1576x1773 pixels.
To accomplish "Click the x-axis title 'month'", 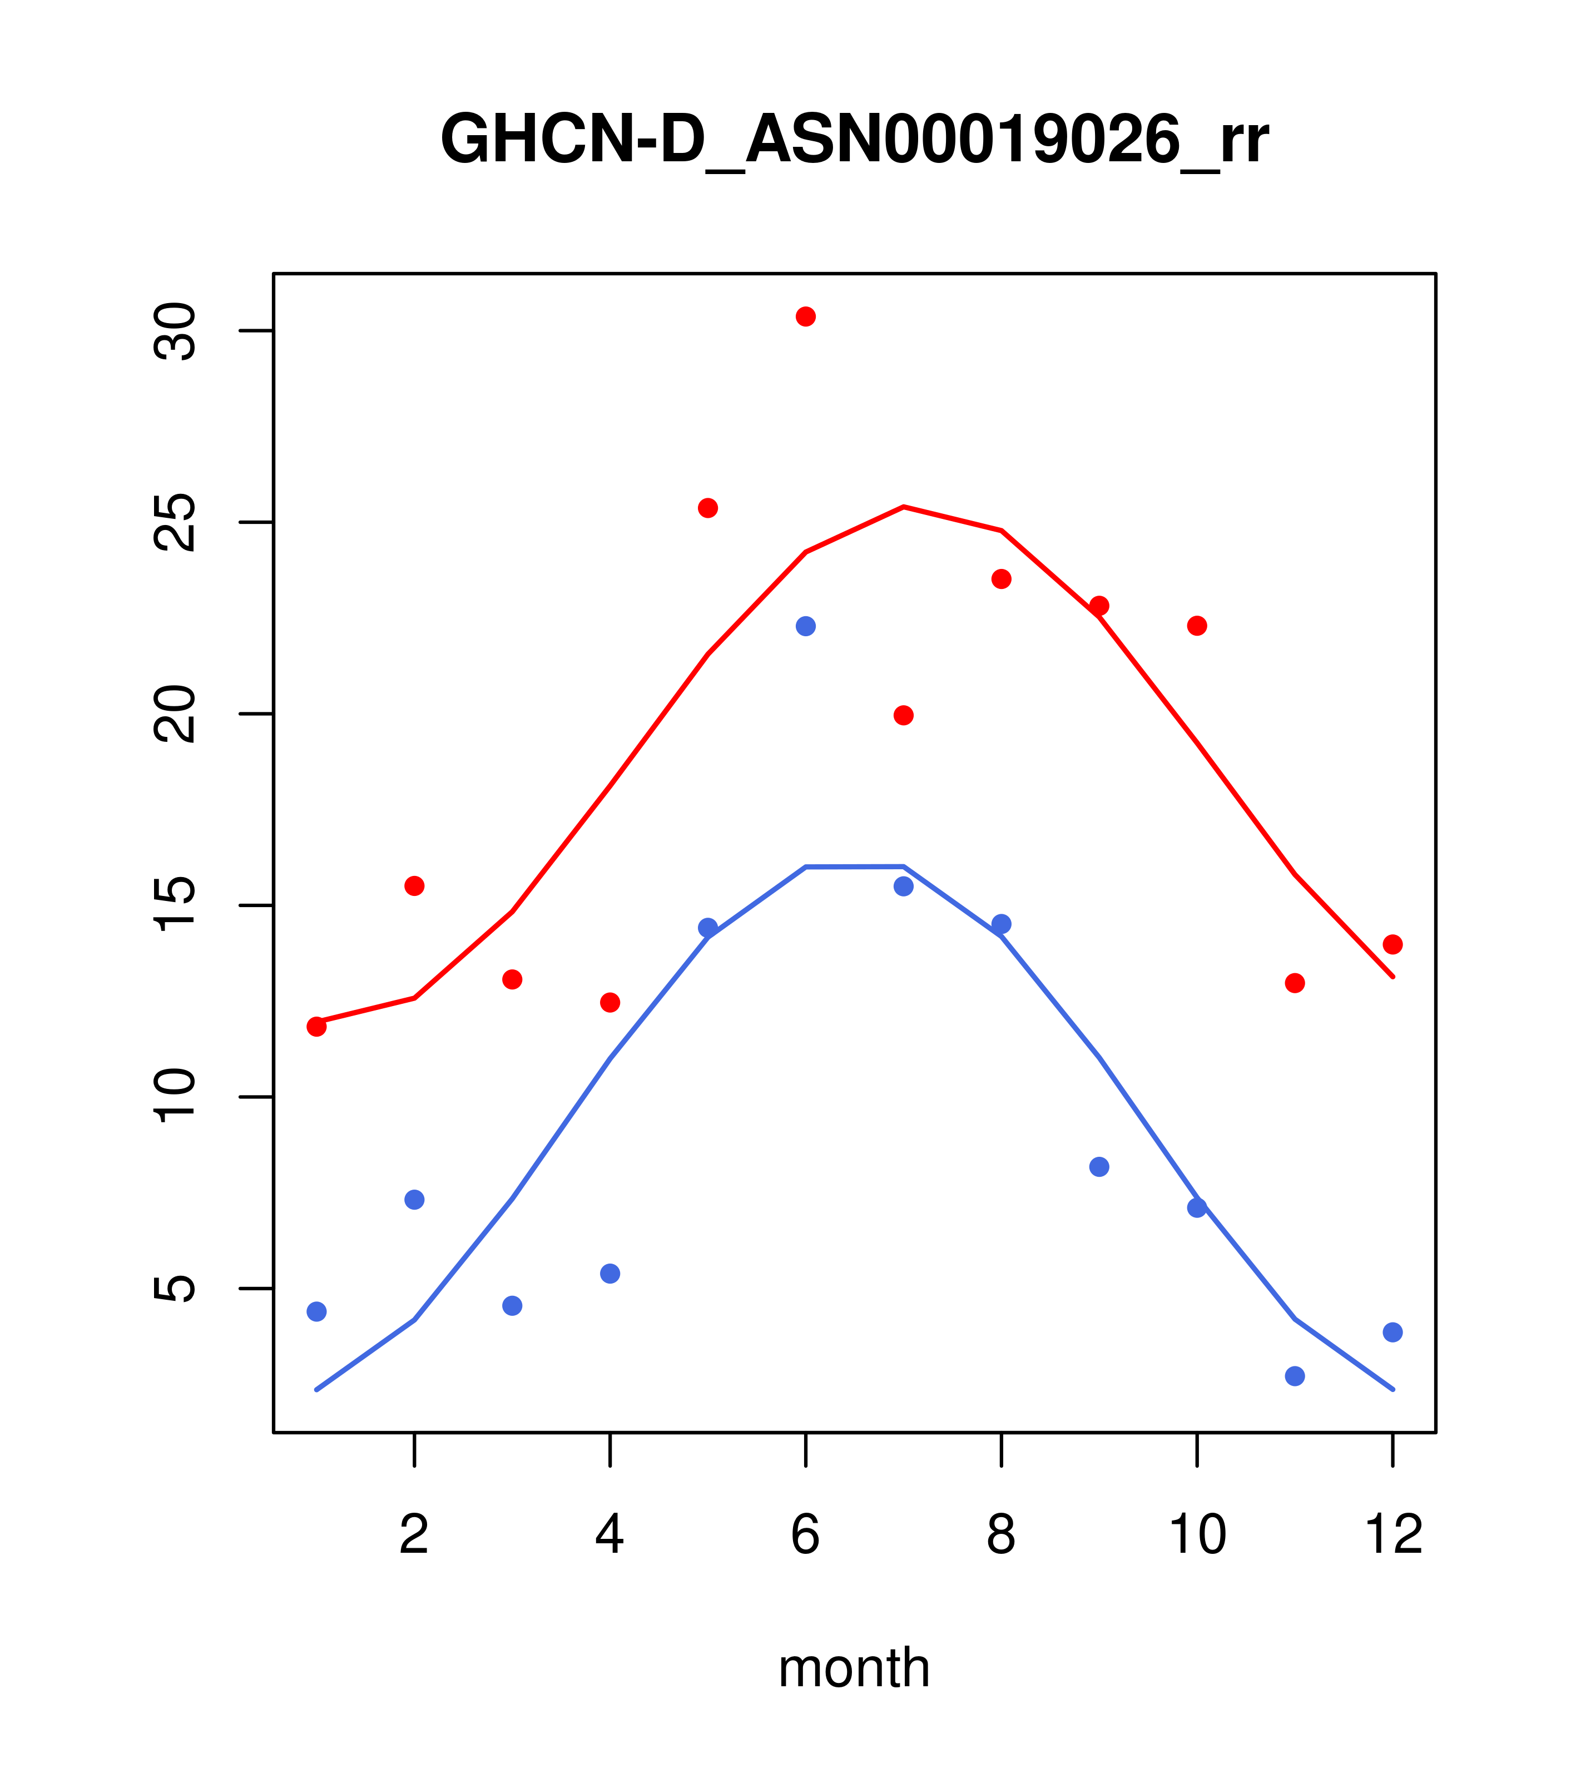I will (x=854, y=1668).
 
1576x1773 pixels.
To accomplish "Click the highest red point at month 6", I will (x=806, y=316).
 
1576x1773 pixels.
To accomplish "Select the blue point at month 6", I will (x=806, y=626).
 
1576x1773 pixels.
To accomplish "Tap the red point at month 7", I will (x=904, y=716).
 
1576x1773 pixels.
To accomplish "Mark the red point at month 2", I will (x=415, y=885).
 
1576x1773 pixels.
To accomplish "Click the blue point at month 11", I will (x=1295, y=1376).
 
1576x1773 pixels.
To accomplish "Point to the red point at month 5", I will (x=708, y=508).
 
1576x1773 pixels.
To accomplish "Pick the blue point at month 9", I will (x=1099, y=1167).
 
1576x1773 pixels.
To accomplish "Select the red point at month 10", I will (x=1197, y=626).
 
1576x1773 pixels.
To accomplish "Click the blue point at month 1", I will (x=316, y=1311).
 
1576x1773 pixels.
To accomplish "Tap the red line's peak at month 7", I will (x=904, y=507).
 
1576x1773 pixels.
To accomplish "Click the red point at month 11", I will (x=1295, y=983).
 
